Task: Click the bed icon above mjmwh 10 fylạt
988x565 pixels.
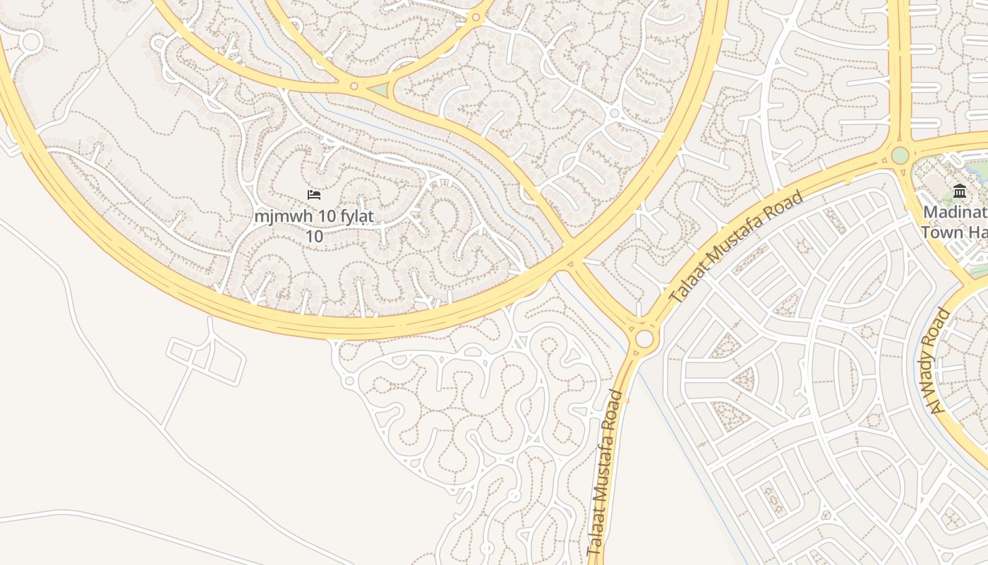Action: pyautogui.click(x=314, y=194)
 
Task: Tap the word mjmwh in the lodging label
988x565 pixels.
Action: pyautogui.click(x=277, y=216)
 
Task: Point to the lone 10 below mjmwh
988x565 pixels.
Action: pyautogui.click(x=314, y=236)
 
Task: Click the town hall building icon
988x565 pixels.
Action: pyautogui.click(x=959, y=191)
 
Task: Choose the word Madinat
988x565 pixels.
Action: pyautogui.click(x=955, y=212)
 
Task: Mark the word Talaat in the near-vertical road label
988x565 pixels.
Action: pyautogui.click(x=594, y=537)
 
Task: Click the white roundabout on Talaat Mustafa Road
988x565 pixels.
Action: pyautogui.click(x=644, y=339)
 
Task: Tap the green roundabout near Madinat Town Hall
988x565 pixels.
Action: pyautogui.click(x=900, y=155)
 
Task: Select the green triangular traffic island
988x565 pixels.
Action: pyautogui.click(x=380, y=90)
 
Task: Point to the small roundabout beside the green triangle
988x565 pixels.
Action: pyautogui.click(x=354, y=86)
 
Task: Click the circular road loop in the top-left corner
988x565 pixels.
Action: pyautogui.click(x=30, y=42)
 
